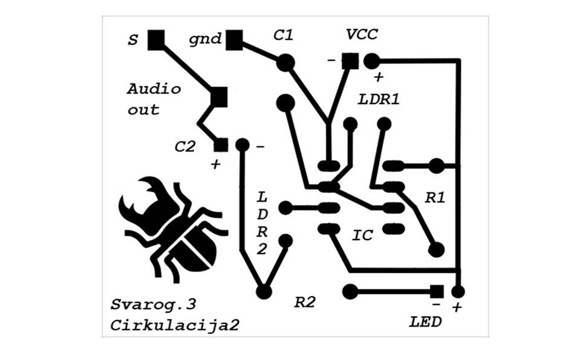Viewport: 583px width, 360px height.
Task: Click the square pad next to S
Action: coord(156,40)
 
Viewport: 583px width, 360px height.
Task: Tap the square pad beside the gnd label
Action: coord(234,41)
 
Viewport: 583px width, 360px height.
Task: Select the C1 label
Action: coord(283,36)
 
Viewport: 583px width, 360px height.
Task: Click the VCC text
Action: coord(362,34)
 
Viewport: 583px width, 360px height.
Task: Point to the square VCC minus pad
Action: coord(349,61)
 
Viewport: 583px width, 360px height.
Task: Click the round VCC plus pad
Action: coord(371,61)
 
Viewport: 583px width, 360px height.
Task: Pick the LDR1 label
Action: coord(379,99)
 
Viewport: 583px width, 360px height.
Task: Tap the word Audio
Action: coord(154,89)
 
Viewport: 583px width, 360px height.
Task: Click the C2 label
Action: coord(185,146)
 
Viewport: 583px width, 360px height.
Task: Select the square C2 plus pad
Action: coord(221,145)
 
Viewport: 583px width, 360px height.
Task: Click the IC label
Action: coord(362,235)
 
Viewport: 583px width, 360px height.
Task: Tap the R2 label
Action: coord(305,303)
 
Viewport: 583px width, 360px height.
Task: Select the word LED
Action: coord(425,321)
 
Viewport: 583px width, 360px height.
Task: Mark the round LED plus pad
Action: coord(458,292)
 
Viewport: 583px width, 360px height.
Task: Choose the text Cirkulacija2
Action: coord(174,325)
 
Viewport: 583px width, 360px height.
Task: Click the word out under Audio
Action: coord(143,110)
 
